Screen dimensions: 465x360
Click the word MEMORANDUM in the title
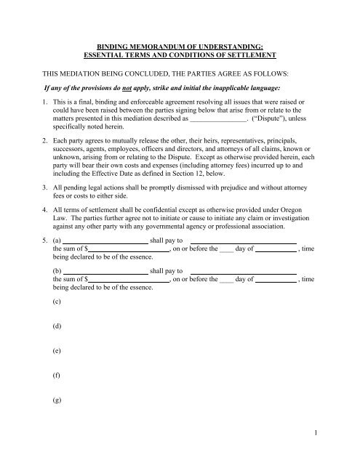point(149,45)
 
